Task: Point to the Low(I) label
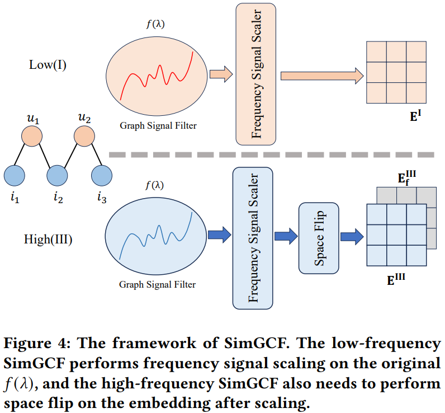coord(48,65)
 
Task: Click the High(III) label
coord(48,240)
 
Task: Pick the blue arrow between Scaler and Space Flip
coord(286,236)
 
